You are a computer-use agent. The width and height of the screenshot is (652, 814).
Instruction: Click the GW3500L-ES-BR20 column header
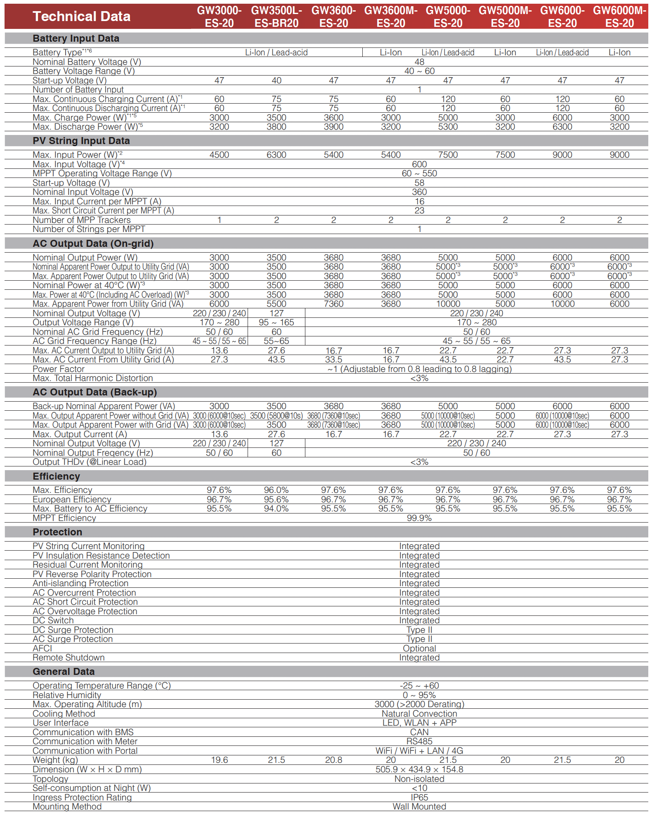click(x=276, y=17)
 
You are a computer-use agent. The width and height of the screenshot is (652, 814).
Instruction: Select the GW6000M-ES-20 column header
click(x=619, y=17)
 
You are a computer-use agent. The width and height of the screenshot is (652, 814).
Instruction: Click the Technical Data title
click(x=81, y=17)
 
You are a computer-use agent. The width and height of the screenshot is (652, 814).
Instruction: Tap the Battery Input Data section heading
click(x=76, y=38)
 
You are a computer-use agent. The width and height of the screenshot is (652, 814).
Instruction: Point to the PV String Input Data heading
click(x=81, y=141)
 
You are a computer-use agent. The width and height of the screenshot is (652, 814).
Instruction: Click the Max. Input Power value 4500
click(x=219, y=155)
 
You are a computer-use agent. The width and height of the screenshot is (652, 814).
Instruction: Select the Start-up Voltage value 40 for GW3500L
click(x=276, y=80)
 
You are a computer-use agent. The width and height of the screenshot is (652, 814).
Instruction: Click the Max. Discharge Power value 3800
click(x=276, y=127)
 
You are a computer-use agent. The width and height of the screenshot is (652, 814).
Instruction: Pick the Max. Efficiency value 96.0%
click(x=276, y=490)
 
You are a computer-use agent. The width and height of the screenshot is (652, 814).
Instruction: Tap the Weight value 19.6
click(x=219, y=760)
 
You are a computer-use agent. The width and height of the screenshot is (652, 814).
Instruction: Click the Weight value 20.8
click(x=333, y=760)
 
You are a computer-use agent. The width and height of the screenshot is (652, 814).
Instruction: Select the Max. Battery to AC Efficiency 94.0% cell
click(x=276, y=509)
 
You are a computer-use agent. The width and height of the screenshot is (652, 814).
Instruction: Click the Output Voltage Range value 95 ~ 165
click(x=276, y=322)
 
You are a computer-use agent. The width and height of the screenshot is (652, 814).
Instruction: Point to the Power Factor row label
click(x=59, y=369)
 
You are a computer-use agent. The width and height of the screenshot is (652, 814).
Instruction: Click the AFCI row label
click(x=43, y=648)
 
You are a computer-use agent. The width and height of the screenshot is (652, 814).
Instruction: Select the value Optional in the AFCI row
click(x=419, y=648)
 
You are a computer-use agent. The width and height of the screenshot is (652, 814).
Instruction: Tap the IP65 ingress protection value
click(x=419, y=797)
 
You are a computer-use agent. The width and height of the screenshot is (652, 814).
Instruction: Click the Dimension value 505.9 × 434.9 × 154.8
click(x=419, y=769)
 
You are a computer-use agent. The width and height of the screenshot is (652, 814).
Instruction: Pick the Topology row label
click(x=50, y=779)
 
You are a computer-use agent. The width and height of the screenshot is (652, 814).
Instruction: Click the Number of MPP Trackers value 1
click(x=219, y=220)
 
